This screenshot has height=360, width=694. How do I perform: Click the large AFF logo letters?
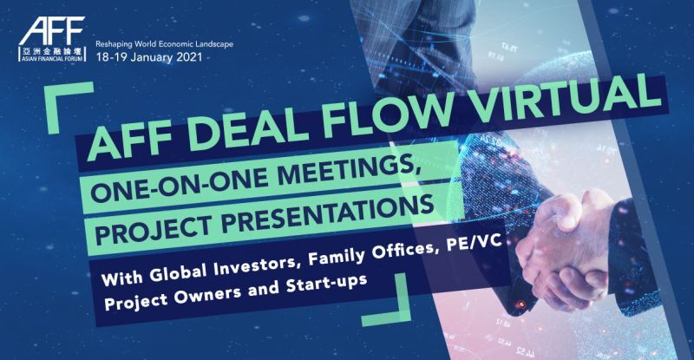[52, 31]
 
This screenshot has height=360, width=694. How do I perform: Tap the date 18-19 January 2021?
[149, 57]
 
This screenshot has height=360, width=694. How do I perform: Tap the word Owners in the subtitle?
[207, 293]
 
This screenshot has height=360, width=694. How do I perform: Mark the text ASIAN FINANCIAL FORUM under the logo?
[52, 58]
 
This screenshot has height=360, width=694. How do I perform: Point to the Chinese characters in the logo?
[52, 51]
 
